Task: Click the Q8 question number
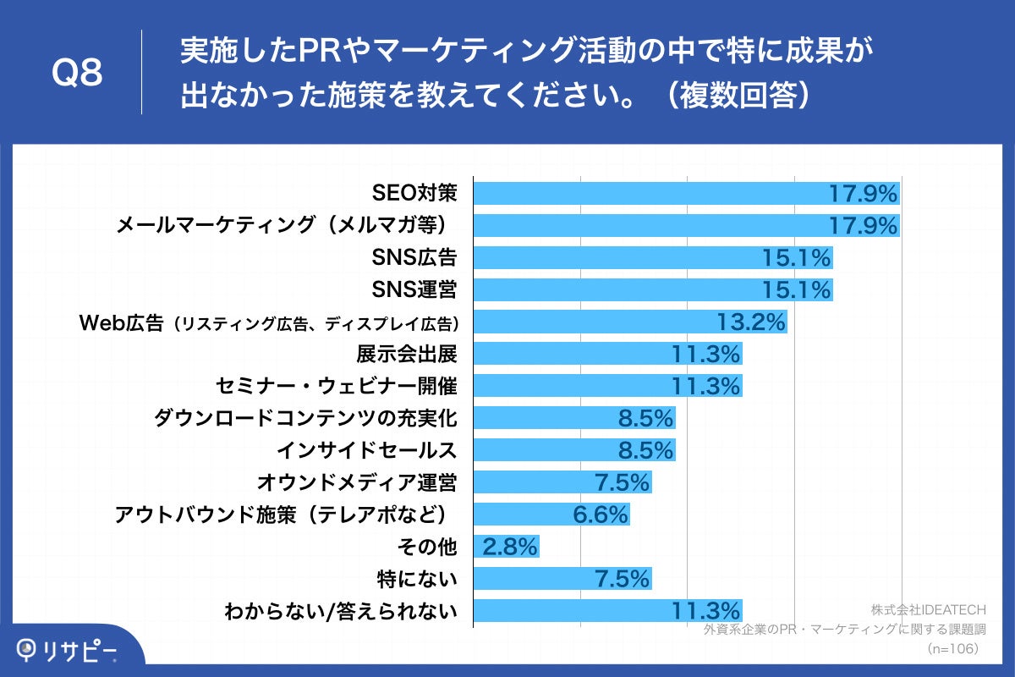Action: [x=78, y=74]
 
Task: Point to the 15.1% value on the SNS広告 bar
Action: [x=796, y=258]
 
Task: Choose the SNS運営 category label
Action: [x=414, y=290]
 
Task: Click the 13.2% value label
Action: [x=751, y=322]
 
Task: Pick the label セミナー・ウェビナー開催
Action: [x=337, y=387]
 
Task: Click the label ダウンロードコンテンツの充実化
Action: [x=305, y=419]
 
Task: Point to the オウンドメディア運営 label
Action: [x=356, y=483]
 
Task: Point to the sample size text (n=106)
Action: [x=952, y=648]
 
